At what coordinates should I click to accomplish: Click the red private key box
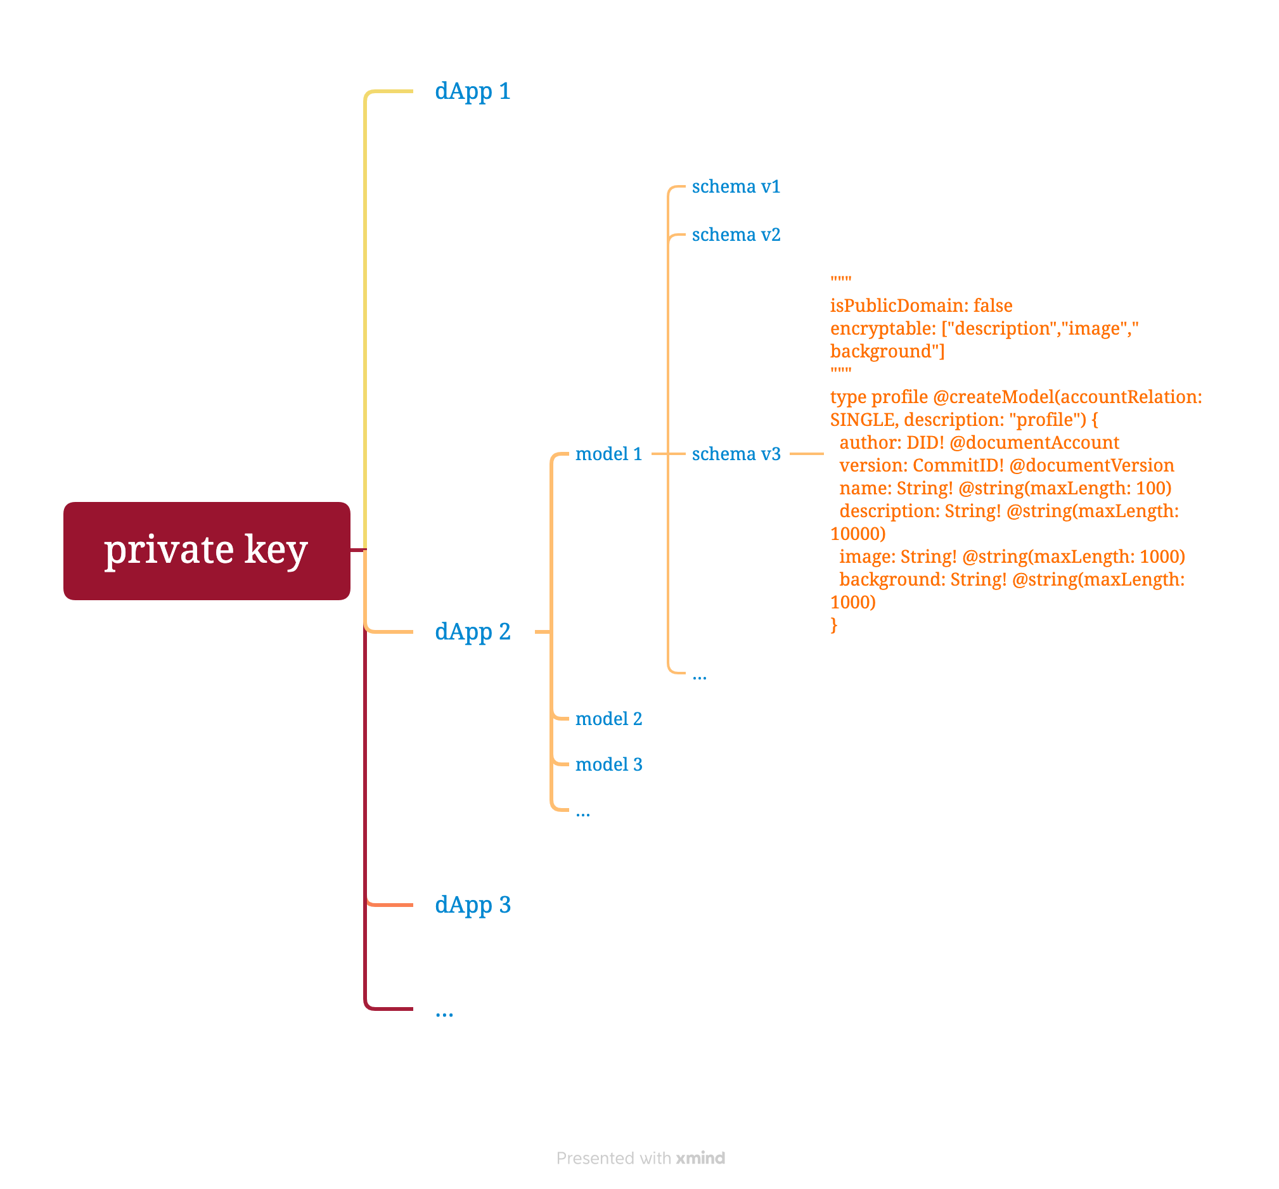pyautogui.click(x=207, y=551)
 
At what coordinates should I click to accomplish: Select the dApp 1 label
pyautogui.click(x=472, y=91)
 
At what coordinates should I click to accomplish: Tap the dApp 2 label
pyautogui.click(x=472, y=632)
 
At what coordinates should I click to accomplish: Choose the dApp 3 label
pyautogui.click(x=472, y=904)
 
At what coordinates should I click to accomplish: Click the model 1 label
pyautogui.click(x=608, y=454)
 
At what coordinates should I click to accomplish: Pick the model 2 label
pyautogui.click(x=608, y=719)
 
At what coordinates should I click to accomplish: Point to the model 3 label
pyautogui.click(x=608, y=764)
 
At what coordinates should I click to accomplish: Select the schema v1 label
pyautogui.click(x=736, y=186)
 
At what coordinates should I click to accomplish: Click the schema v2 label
pyautogui.click(x=736, y=235)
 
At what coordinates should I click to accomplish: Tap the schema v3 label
pyautogui.click(x=736, y=454)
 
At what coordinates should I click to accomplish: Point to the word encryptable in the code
pyautogui.click(x=882, y=329)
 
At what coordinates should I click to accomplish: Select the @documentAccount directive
pyautogui.click(x=1034, y=442)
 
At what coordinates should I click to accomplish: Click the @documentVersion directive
pyautogui.click(x=1092, y=465)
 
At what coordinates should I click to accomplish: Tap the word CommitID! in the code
pyautogui.click(x=958, y=465)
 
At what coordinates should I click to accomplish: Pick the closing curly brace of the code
pyautogui.click(x=834, y=625)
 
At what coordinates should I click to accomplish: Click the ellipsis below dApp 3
pyautogui.click(x=444, y=1014)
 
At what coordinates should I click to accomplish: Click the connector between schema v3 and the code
pyautogui.click(x=806, y=454)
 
